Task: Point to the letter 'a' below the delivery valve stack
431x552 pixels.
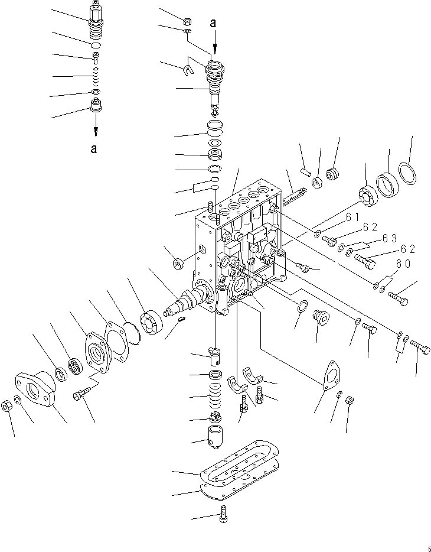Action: [x=94, y=148]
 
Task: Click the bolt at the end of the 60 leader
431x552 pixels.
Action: [x=399, y=298]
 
